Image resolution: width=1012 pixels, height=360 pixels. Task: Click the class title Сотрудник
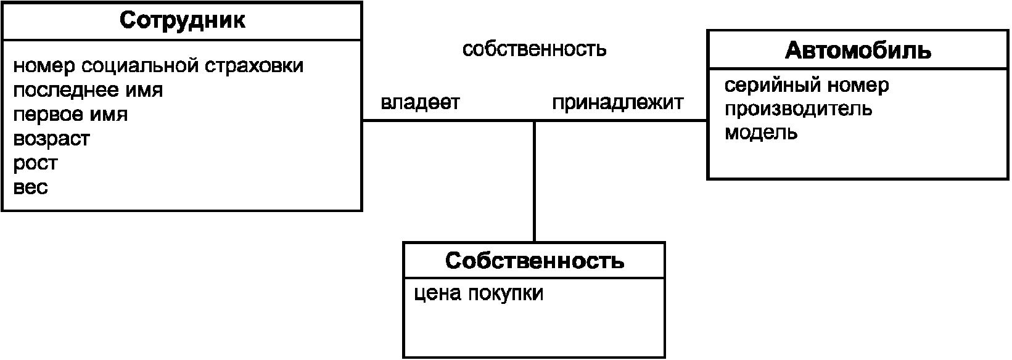(x=182, y=20)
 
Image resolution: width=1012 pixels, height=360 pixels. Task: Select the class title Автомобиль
(x=858, y=50)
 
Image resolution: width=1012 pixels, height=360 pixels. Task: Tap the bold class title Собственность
(x=534, y=261)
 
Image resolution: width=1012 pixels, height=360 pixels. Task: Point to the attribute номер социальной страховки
(x=158, y=65)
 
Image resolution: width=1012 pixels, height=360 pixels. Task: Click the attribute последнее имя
(x=88, y=90)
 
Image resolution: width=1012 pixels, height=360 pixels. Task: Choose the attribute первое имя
(x=70, y=115)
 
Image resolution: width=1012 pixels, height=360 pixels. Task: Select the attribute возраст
(x=51, y=139)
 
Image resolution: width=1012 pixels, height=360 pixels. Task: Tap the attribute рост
(x=35, y=163)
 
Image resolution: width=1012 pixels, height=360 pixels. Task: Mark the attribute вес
(x=30, y=187)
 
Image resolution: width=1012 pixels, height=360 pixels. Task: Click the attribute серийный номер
(x=807, y=85)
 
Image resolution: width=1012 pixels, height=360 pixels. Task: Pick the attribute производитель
(x=798, y=109)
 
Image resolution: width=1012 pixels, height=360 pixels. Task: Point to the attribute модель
(x=761, y=133)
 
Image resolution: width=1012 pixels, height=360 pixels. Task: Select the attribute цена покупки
(x=479, y=293)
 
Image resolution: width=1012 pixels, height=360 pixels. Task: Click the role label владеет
(x=420, y=102)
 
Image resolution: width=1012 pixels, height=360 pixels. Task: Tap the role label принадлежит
(x=617, y=102)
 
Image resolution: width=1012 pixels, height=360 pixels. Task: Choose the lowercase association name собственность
(x=534, y=49)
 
